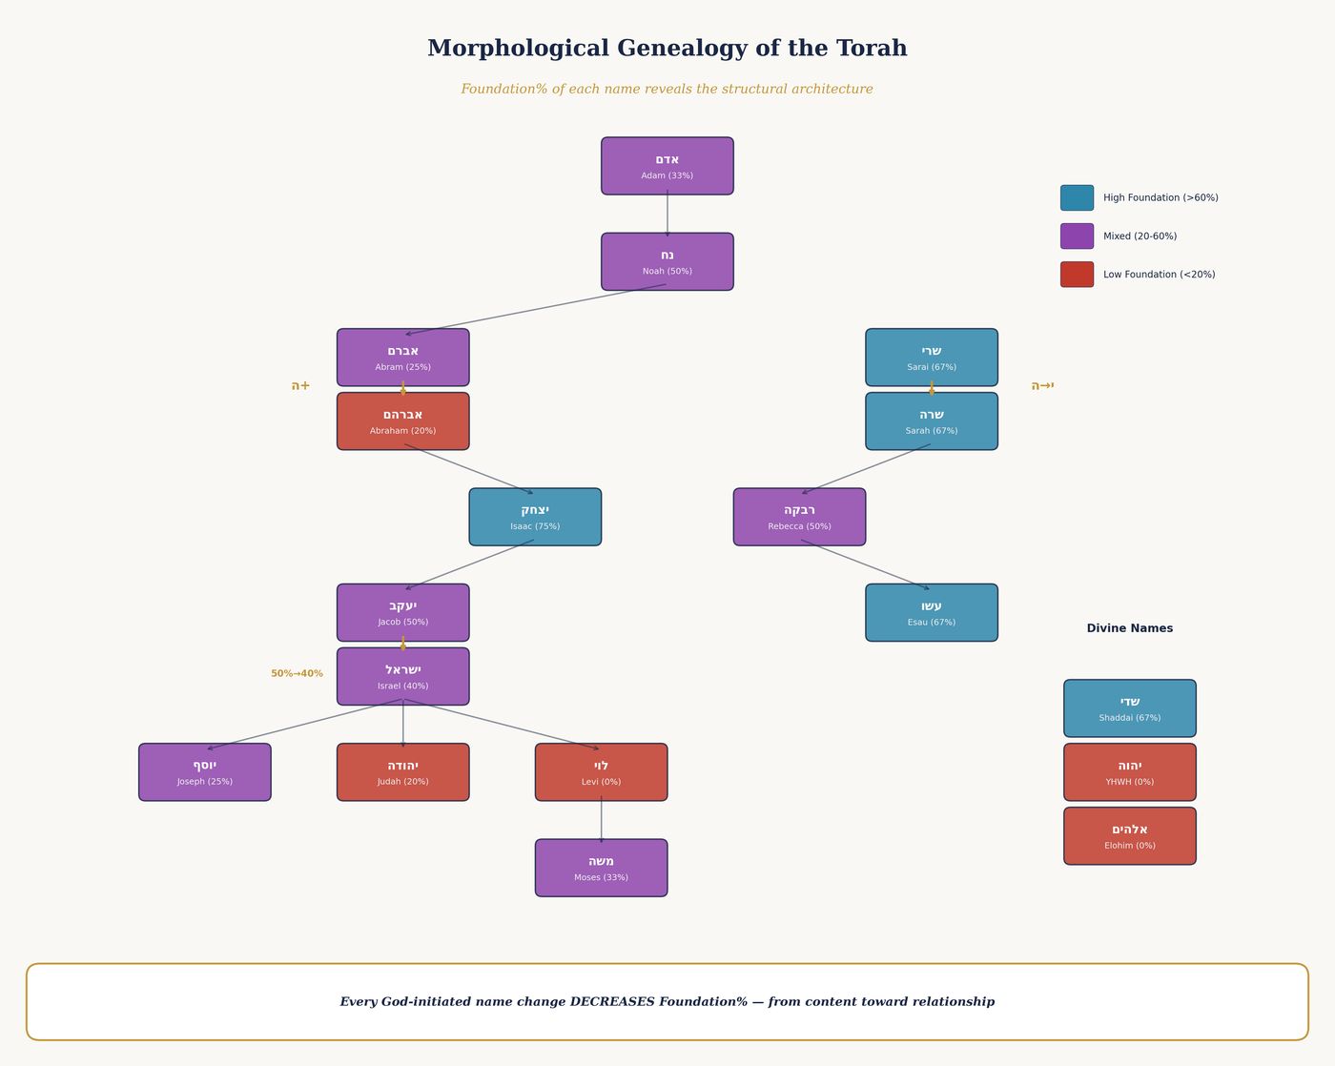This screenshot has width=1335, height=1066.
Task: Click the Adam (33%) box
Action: [x=667, y=166]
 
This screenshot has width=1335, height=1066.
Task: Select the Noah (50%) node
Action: [x=667, y=261]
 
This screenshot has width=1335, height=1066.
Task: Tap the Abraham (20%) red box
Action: [x=402, y=421]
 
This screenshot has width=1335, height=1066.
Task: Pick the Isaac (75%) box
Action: [x=535, y=517]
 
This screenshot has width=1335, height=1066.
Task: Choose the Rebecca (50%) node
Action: [x=799, y=517]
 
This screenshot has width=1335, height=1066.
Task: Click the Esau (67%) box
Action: [x=932, y=612]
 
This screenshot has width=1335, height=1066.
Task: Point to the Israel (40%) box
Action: [x=402, y=676]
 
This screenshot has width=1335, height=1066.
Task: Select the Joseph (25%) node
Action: [x=205, y=772]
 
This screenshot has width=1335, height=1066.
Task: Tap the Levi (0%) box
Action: [x=601, y=772]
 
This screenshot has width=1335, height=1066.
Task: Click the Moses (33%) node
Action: [x=601, y=868]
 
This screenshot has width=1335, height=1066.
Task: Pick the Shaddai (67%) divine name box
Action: [x=1130, y=708]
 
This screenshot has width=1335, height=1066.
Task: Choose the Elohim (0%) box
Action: [x=1130, y=836]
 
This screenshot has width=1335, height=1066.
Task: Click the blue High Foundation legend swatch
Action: [x=1077, y=198]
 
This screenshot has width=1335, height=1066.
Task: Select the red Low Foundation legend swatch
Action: [x=1077, y=275]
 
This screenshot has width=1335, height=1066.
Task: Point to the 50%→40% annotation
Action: [x=297, y=674]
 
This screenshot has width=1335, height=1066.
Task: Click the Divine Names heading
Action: [x=1130, y=628]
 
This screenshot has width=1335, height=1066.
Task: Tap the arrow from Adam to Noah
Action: [x=667, y=214]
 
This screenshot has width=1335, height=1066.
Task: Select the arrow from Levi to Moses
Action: [x=601, y=820]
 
